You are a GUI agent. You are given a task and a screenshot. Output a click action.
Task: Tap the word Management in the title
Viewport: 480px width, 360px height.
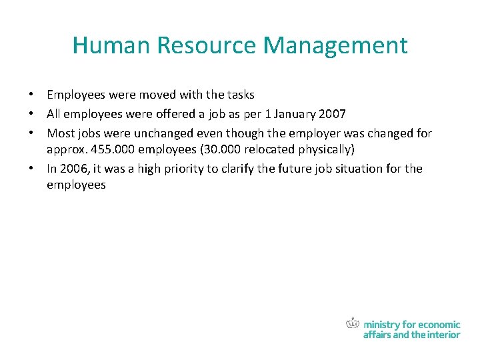click(x=335, y=46)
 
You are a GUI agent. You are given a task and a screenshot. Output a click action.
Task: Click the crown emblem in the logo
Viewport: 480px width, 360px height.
click(x=353, y=323)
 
